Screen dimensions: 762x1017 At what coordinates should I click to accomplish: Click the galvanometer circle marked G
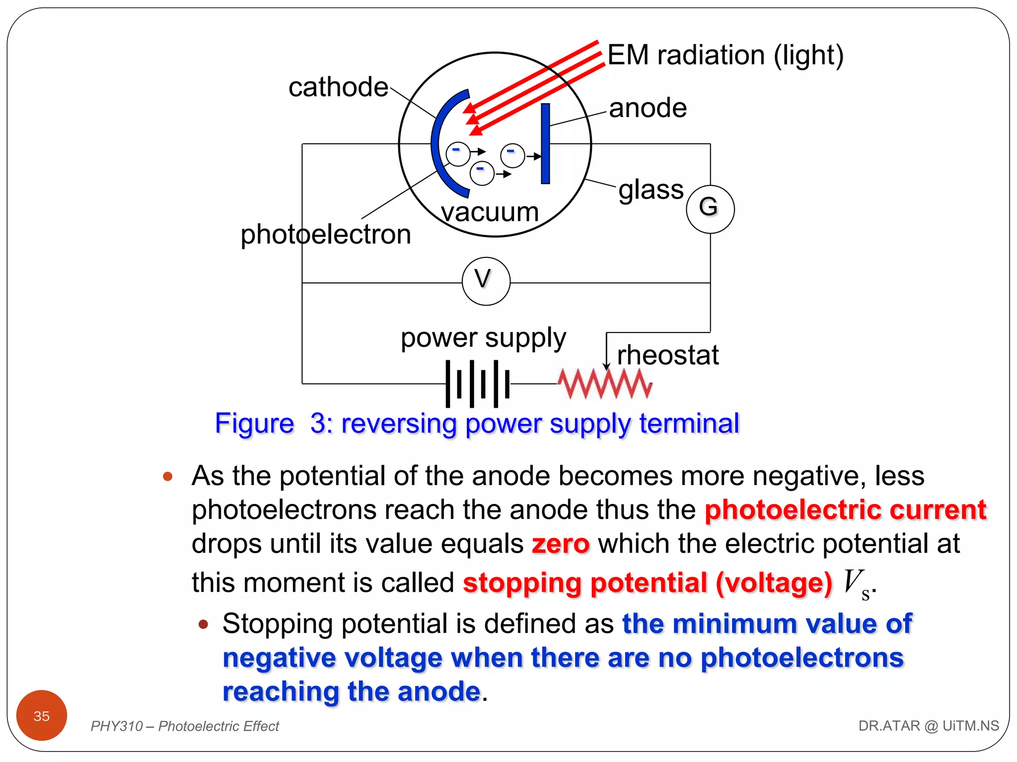pyautogui.click(x=710, y=209)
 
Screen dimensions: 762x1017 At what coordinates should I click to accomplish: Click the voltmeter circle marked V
pyautogui.click(x=486, y=281)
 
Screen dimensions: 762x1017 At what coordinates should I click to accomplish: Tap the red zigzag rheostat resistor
pyautogui.click(x=604, y=384)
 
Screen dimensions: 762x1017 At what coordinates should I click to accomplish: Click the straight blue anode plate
pyautogui.click(x=545, y=144)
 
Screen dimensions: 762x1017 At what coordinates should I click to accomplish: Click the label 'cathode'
pyautogui.click(x=338, y=87)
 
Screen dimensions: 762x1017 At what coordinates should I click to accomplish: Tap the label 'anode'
pyautogui.click(x=648, y=108)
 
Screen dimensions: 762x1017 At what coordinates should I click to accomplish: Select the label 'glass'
pyautogui.click(x=651, y=190)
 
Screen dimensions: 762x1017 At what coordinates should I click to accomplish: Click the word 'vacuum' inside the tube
pyautogui.click(x=490, y=212)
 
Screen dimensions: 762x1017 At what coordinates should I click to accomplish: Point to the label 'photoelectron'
pyautogui.click(x=326, y=234)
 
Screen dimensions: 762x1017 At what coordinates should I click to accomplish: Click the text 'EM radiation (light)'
pyautogui.click(x=725, y=55)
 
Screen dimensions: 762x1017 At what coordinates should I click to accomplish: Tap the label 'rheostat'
pyautogui.click(x=667, y=355)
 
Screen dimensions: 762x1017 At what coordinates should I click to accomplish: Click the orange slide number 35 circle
pyautogui.click(x=42, y=715)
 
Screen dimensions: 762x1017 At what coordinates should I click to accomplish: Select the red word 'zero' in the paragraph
pyautogui.click(x=560, y=544)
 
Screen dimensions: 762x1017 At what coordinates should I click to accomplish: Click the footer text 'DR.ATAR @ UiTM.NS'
pyautogui.click(x=928, y=726)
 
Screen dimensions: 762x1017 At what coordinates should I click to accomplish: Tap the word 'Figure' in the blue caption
pyautogui.click(x=254, y=424)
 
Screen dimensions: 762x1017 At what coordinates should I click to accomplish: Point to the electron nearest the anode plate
pyautogui.click(x=512, y=155)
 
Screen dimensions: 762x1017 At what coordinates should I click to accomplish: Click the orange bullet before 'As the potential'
pyautogui.click(x=168, y=477)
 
